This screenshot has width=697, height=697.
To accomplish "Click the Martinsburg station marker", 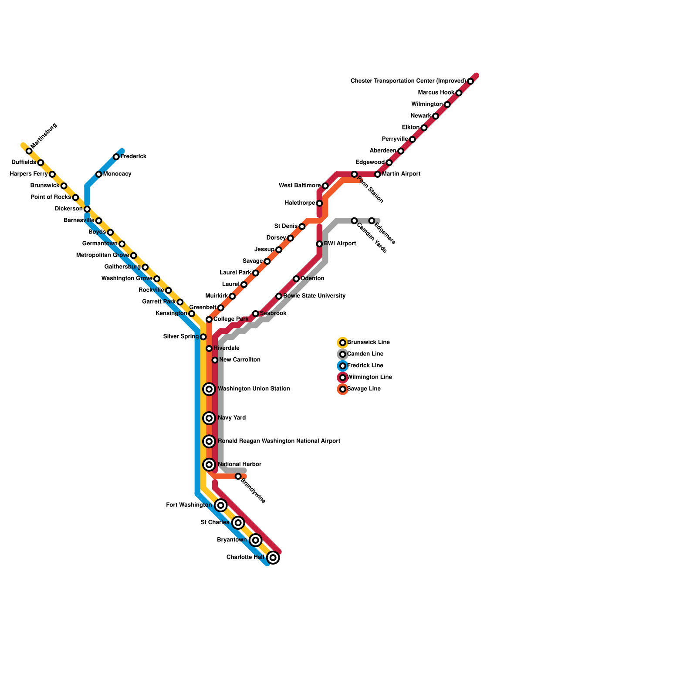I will [x=29, y=151].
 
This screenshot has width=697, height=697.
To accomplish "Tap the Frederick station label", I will [x=133, y=157].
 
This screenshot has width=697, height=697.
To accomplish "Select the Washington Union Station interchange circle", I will [x=210, y=389].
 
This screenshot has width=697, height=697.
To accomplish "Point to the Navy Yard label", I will [x=232, y=418].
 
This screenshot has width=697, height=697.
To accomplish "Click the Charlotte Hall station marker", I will [x=273, y=558].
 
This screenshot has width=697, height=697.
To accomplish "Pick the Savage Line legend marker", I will [x=343, y=389].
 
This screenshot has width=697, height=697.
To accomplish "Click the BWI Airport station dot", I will [x=319, y=244].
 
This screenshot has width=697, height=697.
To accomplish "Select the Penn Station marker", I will [x=355, y=174].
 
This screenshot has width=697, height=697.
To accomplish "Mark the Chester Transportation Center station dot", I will [x=470, y=81].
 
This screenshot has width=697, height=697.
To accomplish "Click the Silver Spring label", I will [x=181, y=337].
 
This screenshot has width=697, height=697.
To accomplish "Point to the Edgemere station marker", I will [x=372, y=221].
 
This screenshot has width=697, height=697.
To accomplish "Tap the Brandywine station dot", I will [x=238, y=477].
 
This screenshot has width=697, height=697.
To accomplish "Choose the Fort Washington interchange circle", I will [x=221, y=505].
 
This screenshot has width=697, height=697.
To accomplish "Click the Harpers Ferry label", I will [x=29, y=174].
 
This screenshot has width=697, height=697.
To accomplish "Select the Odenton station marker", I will [x=296, y=279].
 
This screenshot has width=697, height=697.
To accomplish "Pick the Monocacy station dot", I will [x=99, y=174].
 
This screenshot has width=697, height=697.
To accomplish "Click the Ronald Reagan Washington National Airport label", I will [x=279, y=441].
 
